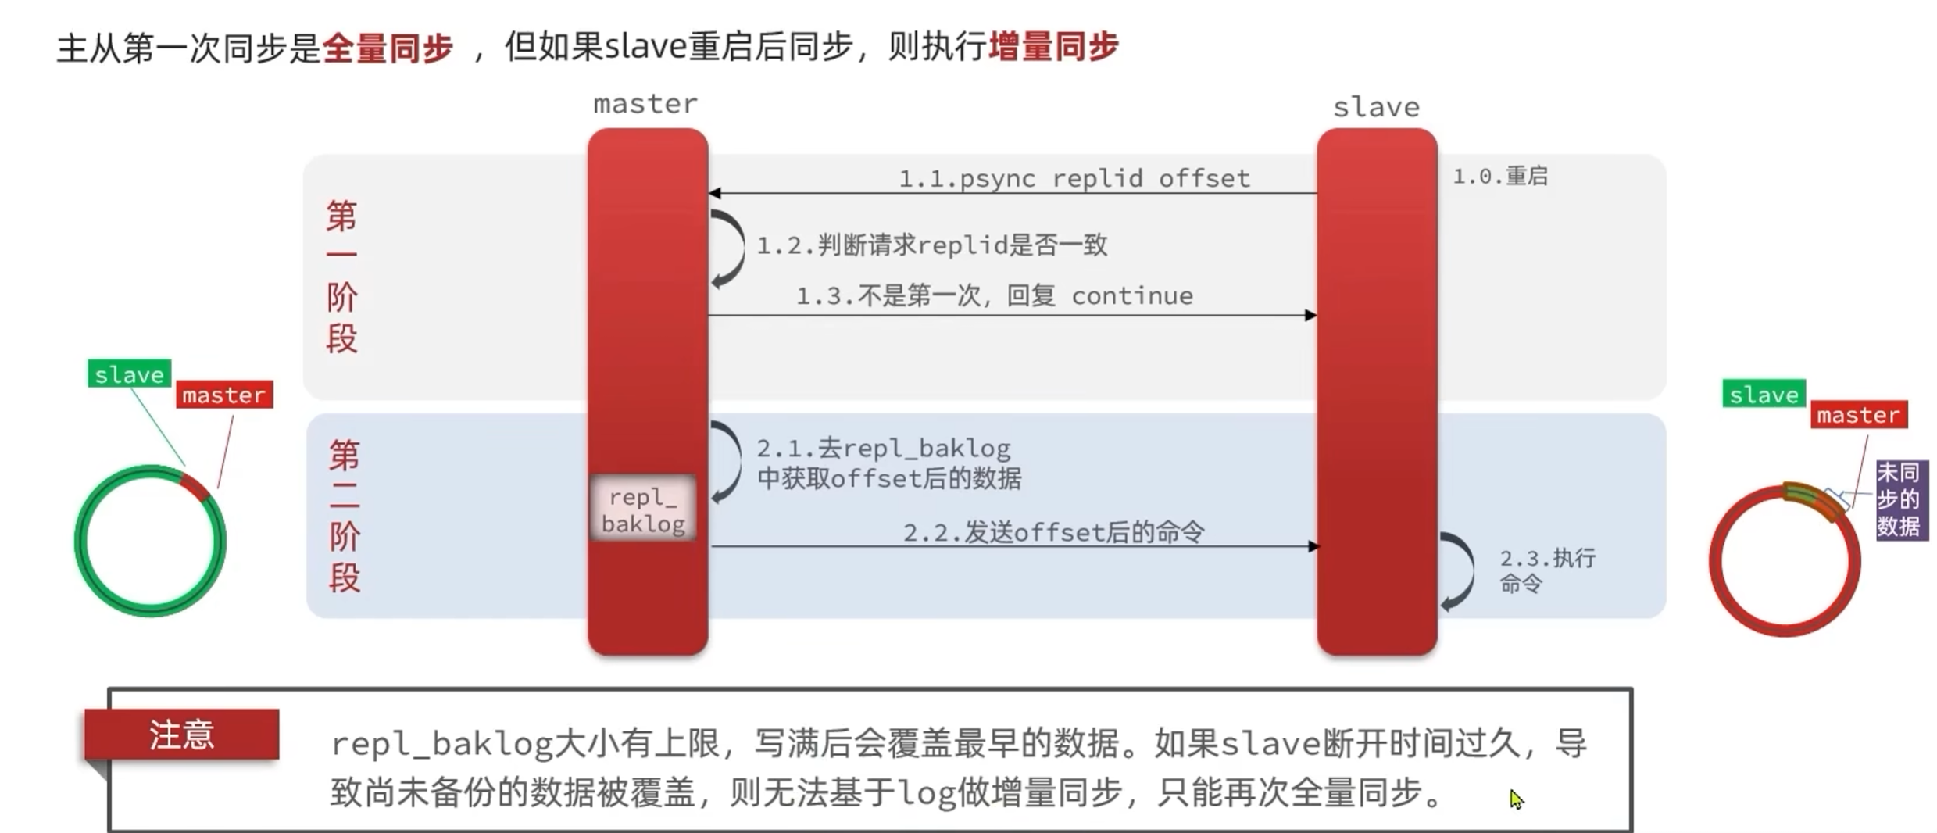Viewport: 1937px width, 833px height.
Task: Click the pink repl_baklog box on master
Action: coord(643,509)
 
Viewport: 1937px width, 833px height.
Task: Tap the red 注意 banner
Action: coord(181,735)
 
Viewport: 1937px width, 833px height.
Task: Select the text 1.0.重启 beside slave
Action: coord(1499,177)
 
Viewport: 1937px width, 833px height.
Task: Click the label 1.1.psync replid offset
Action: coord(1074,179)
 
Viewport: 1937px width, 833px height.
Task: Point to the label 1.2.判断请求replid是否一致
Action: coord(932,245)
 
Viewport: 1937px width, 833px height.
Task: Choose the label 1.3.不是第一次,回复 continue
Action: coord(994,296)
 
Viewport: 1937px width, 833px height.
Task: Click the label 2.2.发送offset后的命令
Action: coord(1053,533)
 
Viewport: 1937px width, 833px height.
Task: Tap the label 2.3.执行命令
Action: coord(1546,570)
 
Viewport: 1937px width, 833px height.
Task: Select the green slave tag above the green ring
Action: coord(129,374)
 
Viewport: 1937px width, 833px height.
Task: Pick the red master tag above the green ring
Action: coord(224,395)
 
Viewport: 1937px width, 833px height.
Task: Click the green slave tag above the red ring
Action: coord(1764,395)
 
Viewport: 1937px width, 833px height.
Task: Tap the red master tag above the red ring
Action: coord(1858,415)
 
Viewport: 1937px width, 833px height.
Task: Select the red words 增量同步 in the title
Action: coord(1053,47)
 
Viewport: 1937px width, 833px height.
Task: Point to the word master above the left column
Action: coord(645,104)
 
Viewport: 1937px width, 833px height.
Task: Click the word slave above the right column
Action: coord(1376,107)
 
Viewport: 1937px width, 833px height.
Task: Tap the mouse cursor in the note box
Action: coord(1515,798)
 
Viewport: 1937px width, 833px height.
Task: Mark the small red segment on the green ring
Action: coord(195,488)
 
